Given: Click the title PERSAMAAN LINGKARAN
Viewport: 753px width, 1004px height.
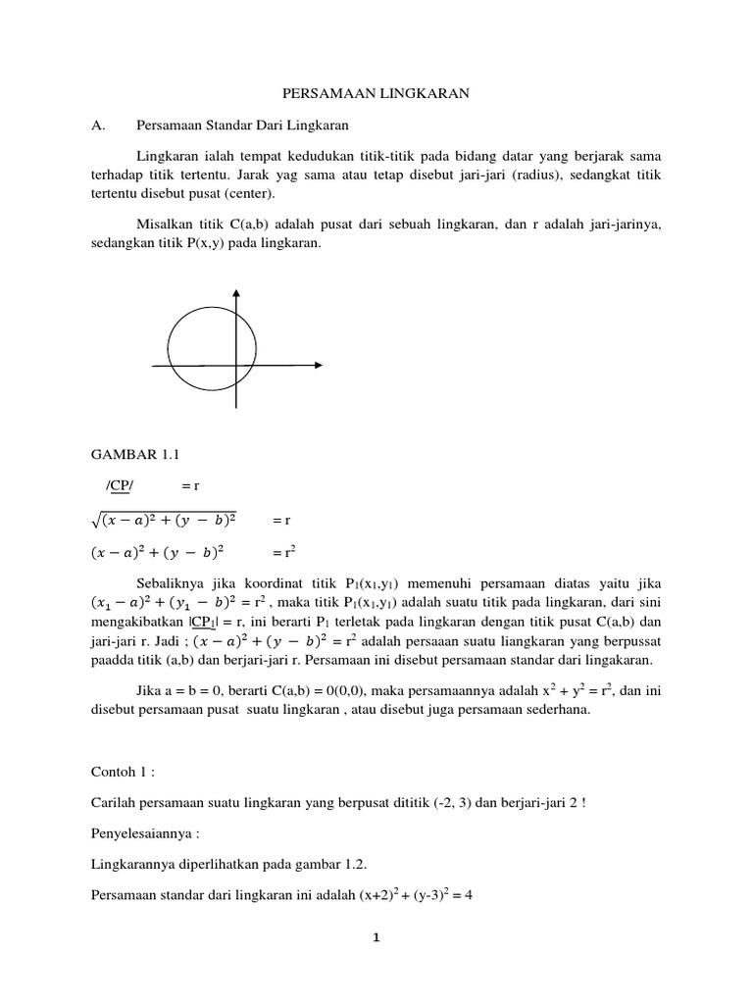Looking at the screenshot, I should pyautogui.click(x=376, y=93).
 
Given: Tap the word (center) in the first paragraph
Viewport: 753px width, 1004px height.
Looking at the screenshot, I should pyautogui.click(x=232, y=193).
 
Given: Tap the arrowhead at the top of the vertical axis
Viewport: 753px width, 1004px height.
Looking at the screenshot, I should pyautogui.click(x=235, y=295).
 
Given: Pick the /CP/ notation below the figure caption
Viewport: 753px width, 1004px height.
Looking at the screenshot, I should pyautogui.click(x=123, y=485).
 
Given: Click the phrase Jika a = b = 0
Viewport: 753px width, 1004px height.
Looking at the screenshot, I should pyautogui.click(x=180, y=691).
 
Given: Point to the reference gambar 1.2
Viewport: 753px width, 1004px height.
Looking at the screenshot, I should pyautogui.click(x=346, y=866).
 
